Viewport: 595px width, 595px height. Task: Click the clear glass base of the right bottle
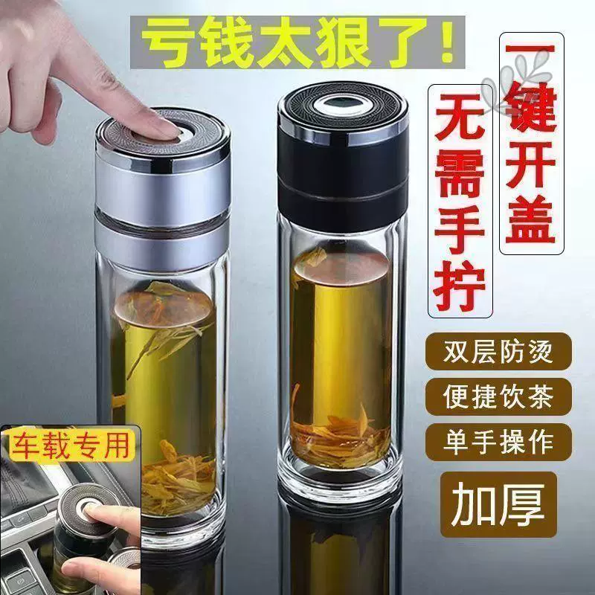click(342, 476)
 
